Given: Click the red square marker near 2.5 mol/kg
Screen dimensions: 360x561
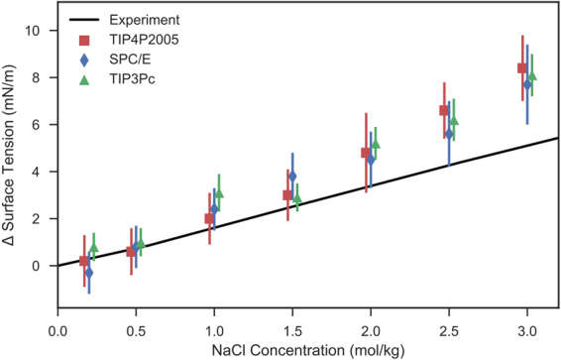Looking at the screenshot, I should click(444, 110).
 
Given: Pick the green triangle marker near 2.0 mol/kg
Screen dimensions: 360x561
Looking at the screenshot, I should click(376, 144).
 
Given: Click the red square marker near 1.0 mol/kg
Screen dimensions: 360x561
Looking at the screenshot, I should click(209, 218).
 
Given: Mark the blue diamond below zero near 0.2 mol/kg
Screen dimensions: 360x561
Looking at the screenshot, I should click(89, 272).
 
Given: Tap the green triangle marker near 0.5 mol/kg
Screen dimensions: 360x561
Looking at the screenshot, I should click(141, 242).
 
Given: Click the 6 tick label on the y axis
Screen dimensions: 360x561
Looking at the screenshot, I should click(36, 125).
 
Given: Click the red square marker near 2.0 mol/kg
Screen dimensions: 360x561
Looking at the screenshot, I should click(366, 153).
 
